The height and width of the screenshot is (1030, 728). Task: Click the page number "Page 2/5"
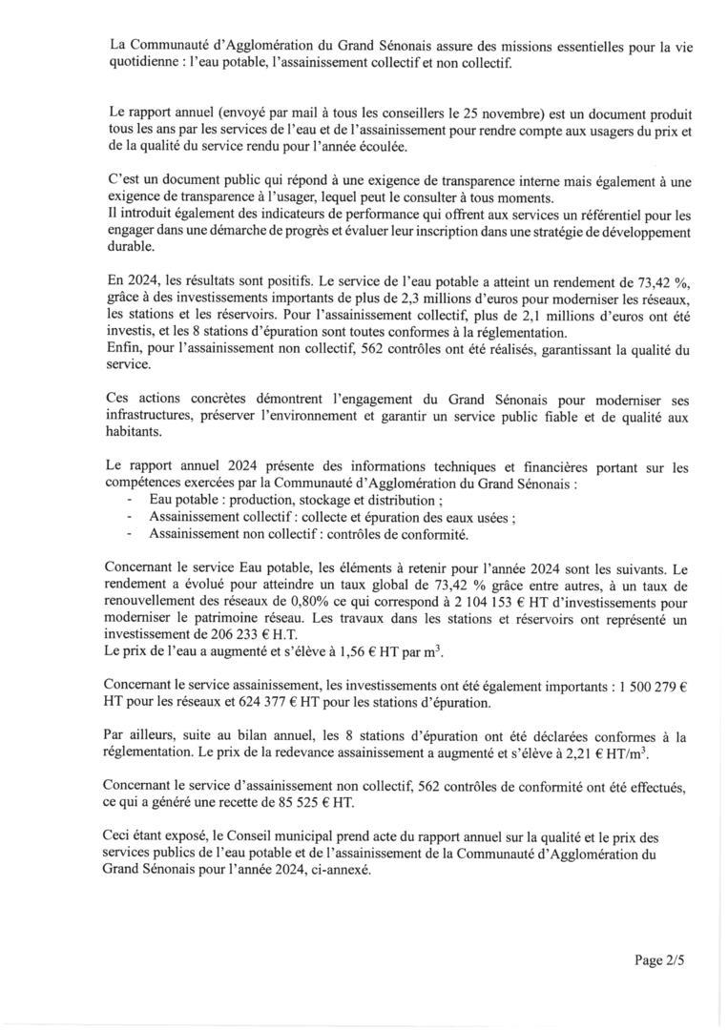(x=659, y=960)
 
